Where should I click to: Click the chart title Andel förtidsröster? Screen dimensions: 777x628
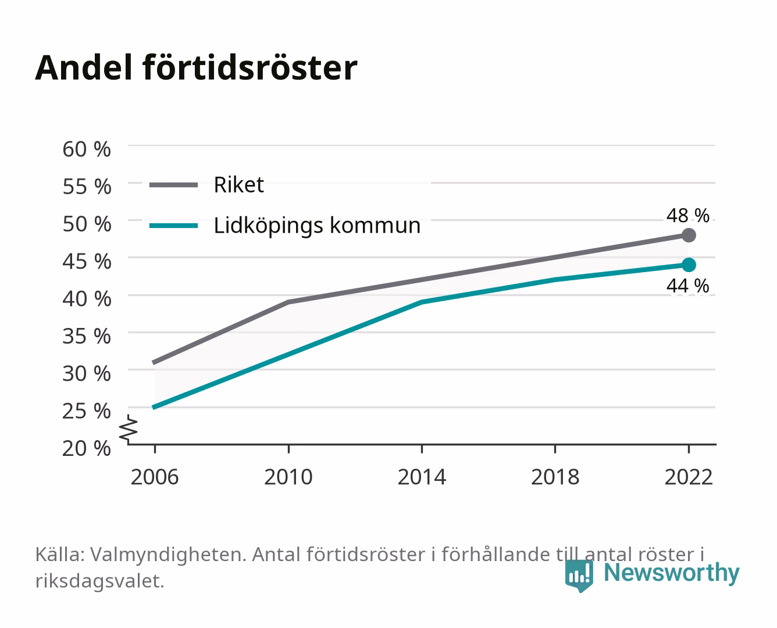coord(196,68)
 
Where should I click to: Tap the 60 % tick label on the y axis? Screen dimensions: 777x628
coord(87,149)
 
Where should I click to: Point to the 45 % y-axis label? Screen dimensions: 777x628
coord(87,262)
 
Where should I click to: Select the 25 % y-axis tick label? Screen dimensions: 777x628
coord(87,411)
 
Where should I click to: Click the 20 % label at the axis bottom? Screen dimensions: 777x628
coord(87,448)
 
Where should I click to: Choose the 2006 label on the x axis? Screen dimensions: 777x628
coord(155,477)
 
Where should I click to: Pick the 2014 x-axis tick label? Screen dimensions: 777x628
coord(422,477)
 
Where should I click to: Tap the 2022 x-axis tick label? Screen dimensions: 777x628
coord(689,477)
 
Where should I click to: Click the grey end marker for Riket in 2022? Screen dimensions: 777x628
coord(689,235)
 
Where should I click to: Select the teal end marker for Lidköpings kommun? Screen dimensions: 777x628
coord(689,265)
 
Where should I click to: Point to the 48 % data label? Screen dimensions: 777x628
coord(688,216)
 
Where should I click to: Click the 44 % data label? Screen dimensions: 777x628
coord(688,286)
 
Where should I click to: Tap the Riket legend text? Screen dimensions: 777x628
coord(238,185)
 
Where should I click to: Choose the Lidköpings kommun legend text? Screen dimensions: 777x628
coord(317,226)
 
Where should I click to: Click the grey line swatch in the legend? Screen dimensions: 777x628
coord(174,185)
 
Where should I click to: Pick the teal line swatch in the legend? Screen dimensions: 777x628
coord(174,226)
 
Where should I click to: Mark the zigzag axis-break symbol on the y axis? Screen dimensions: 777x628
coord(129,429)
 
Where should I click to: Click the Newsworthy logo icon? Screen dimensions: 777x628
coord(579,576)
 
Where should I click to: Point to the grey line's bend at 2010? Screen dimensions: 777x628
coord(288,302)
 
